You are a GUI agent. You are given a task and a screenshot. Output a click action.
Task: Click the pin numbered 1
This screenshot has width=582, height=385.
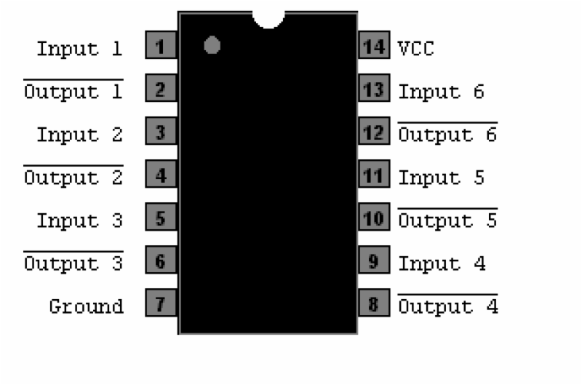pyautogui.click(x=162, y=47)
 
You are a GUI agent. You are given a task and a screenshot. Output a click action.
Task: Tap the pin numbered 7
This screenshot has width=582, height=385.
pyautogui.click(x=162, y=303)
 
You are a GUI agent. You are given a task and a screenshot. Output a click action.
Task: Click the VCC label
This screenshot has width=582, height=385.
pyautogui.click(x=415, y=49)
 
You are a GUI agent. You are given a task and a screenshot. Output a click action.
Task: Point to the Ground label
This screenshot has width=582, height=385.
pyautogui.click(x=87, y=306)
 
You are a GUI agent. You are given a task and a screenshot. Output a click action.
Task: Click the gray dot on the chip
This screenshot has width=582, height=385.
pyautogui.click(x=212, y=46)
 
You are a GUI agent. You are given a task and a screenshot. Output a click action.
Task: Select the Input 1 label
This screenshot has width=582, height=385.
pyautogui.click(x=80, y=49)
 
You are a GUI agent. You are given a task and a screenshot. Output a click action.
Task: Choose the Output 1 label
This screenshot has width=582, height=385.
pyautogui.click(x=73, y=92)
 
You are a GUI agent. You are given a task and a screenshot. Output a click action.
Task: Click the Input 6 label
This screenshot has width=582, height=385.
pyautogui.click(x=441, y=92)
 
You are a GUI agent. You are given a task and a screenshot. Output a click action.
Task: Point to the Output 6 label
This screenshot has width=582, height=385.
pyautogui.click(x=447, y=135)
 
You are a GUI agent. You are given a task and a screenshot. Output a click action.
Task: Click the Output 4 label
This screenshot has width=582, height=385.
pyautogui.click(x=447, y=306)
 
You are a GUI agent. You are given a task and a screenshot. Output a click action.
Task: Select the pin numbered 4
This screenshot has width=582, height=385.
pyautogui.click(x=162, y=175)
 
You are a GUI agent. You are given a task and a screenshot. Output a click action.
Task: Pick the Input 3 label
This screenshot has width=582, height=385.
pyautogui.click(x=80, y=220)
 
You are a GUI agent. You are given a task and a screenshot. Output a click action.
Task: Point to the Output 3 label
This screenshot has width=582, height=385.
pyautogui.click(x=73, y=263)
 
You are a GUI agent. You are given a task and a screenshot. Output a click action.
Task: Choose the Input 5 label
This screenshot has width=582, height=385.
pyautogui.click(x=441, y=178)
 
